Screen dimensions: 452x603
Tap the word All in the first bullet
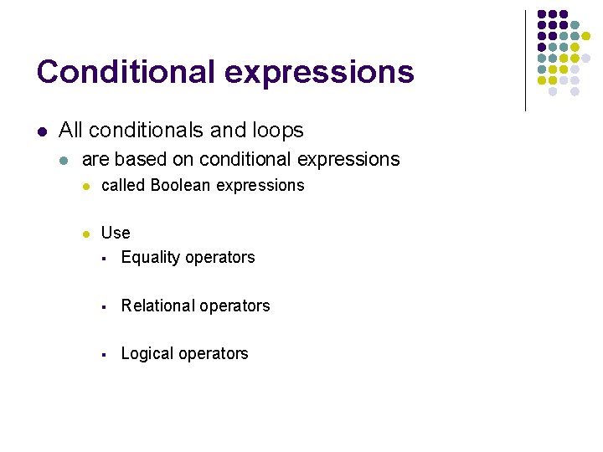point(70,131)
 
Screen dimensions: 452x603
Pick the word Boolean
point(181,185)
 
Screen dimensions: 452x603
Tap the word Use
point(116,233)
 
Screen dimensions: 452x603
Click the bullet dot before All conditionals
point(41,131)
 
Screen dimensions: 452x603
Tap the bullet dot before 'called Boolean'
point(86,186)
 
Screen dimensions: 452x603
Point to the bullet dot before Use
point(86,234)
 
